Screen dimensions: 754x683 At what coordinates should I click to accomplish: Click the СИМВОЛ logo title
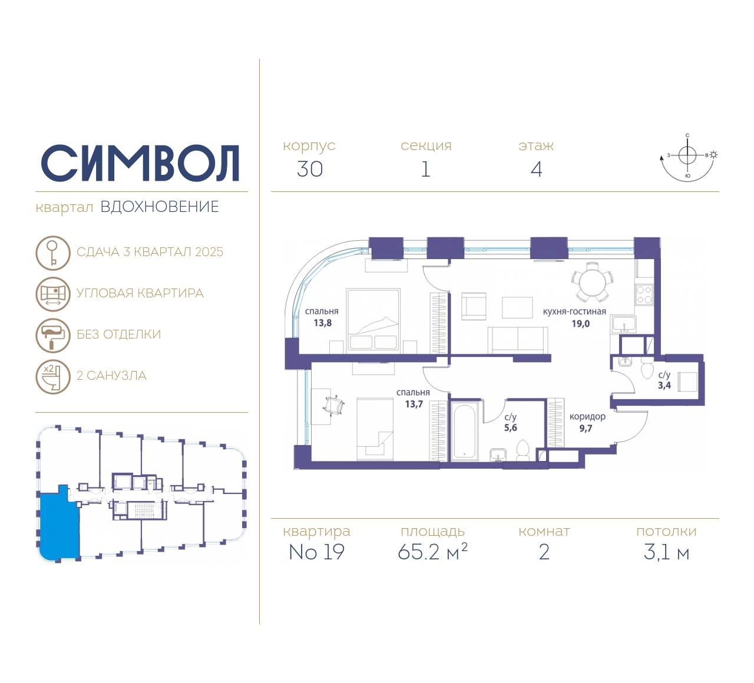pos(140,164)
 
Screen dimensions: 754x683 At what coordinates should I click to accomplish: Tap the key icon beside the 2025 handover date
pos(53,253)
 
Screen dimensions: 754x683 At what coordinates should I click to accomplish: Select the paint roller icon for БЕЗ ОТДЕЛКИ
pos(53,336)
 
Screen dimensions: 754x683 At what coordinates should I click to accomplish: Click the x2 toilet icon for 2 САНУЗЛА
pos(53,377)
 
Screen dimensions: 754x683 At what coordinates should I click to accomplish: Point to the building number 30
pos(310,169)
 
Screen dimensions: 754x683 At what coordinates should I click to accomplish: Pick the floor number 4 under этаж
pos(537,169)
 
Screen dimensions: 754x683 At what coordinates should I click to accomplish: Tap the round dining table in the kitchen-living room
pos(593,283)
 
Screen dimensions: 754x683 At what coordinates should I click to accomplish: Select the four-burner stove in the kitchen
pos(644,295)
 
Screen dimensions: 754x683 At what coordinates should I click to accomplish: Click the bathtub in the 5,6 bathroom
pos(465,431)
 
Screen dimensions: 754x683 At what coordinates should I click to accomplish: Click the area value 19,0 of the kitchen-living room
pos(581,324)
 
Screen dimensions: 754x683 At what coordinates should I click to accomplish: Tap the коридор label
pos(587,417)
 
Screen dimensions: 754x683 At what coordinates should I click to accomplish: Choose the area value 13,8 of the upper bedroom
pos(323,323)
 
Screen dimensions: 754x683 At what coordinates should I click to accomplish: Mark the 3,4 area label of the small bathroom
pos(664,386)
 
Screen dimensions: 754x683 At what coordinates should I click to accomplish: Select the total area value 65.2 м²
pos(432,552)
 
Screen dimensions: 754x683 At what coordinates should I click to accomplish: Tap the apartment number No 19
pos(316,552)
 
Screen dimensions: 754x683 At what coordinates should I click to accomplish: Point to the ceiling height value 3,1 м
pos(666,553)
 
